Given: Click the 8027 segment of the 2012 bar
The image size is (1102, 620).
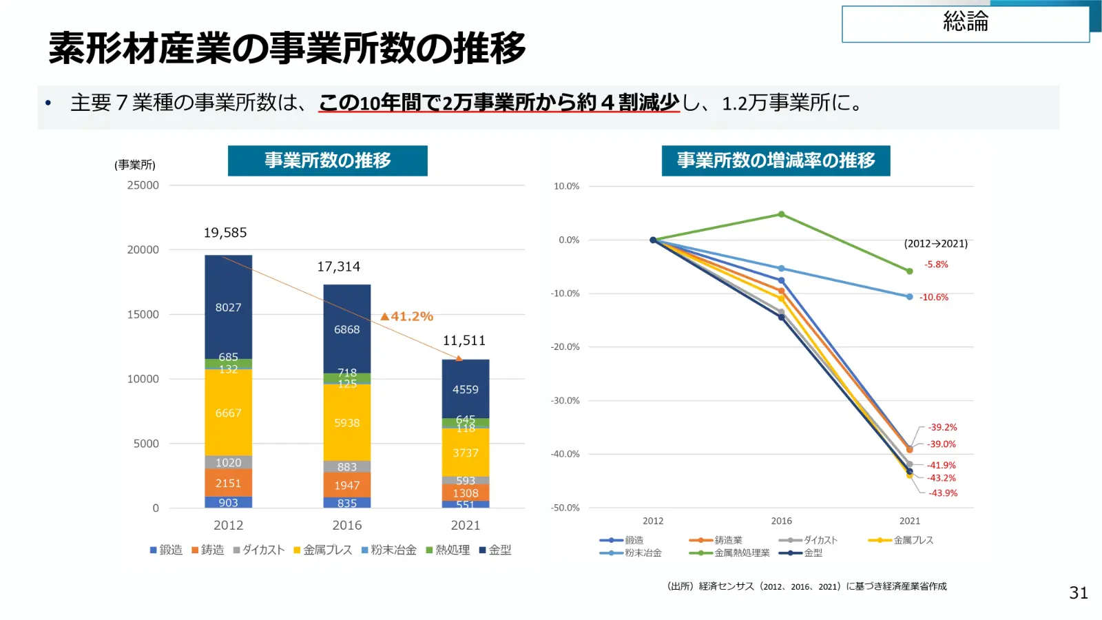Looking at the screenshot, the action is (x=228, y=307).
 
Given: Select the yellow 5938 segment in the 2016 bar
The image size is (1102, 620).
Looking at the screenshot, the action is (x=347, y=422).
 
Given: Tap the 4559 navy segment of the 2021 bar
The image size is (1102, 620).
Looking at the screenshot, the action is (x=466, y=389).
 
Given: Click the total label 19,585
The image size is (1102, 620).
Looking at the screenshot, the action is (x=225, y=233).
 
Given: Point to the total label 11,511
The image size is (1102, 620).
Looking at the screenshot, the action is (x=464, y=340).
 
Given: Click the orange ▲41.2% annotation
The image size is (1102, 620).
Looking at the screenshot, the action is (x=407, y=316).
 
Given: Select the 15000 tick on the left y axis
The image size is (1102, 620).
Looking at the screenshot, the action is (x=143, y=314).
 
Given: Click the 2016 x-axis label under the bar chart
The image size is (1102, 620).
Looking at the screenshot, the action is (x=347, y=525).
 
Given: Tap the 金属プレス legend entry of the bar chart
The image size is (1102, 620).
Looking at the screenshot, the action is (x=323, y=550).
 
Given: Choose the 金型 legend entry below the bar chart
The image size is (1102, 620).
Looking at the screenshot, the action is (x=495, y=550).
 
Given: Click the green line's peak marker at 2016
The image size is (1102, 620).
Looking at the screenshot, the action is (x=781, y=214).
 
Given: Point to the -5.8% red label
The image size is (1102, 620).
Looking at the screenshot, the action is (x=936, y=265).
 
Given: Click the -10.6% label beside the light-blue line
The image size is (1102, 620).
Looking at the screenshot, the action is (x=934, y=297).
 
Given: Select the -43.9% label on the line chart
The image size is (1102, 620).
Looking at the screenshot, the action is (x=943, y=493).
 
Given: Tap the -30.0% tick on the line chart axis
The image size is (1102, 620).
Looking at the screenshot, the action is (x=565, y=400).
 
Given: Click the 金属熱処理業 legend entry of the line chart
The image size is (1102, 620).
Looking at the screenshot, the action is (x=729, y=553).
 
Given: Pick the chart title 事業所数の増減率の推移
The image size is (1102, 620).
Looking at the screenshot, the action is (x=776, y=161).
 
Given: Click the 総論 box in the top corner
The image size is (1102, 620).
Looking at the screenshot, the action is (x=965, y=23).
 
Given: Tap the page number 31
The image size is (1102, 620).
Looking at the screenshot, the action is (x=1079, y=593).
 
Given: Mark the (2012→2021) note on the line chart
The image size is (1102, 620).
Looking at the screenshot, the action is (x=936, y=244).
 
